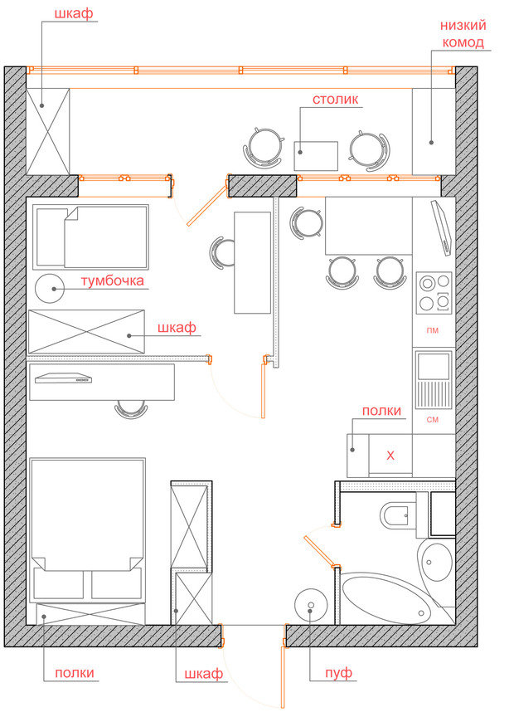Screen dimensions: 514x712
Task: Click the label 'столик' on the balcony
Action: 335,100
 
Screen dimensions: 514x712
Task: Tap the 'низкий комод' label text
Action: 463,33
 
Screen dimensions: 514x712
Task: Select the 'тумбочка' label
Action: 113,280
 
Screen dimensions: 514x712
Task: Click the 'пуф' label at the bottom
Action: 338,672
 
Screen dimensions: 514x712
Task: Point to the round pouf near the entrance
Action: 311,605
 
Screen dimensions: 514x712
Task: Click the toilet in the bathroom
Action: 399,515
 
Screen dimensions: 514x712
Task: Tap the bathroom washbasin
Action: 436,562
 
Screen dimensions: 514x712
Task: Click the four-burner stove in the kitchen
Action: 434,293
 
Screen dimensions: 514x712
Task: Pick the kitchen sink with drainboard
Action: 434,379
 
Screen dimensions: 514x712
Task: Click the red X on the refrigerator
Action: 390,456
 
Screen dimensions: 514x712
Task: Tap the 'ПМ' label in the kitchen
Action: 433,330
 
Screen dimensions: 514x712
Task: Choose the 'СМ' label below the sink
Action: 433,420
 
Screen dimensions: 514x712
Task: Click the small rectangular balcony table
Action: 316,156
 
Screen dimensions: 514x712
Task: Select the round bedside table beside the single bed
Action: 50,289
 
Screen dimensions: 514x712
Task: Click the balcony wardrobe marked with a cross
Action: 47,131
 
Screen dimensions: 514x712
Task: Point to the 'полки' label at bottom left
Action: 75,672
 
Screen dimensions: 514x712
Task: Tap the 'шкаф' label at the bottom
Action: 204,674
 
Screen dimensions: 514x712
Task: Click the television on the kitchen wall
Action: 441,228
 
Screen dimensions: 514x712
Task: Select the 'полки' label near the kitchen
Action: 381,411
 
